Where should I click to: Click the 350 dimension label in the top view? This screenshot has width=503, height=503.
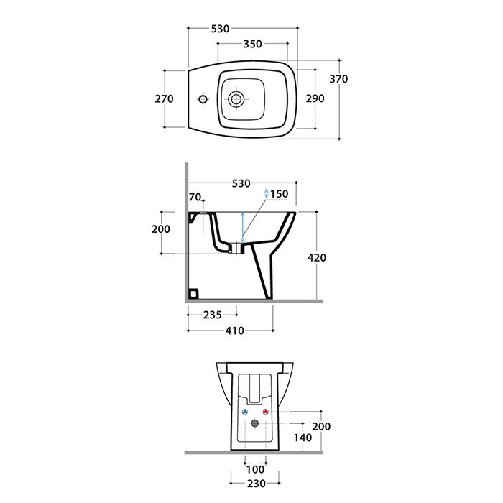click(252, 44)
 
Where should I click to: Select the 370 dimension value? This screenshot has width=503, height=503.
click(338, 78)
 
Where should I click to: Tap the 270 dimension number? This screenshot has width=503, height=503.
click(164, 98)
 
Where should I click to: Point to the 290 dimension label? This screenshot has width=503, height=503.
click(315, 98)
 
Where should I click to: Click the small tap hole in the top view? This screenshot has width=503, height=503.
click(203, 99)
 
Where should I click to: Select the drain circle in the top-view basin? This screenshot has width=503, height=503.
click(236, 99)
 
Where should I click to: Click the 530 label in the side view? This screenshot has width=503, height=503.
click(241, 183)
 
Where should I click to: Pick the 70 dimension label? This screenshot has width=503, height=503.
click(195, 197)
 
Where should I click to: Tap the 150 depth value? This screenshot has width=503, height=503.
click(279, 194)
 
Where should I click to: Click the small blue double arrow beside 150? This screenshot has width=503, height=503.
click(267, 193)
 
